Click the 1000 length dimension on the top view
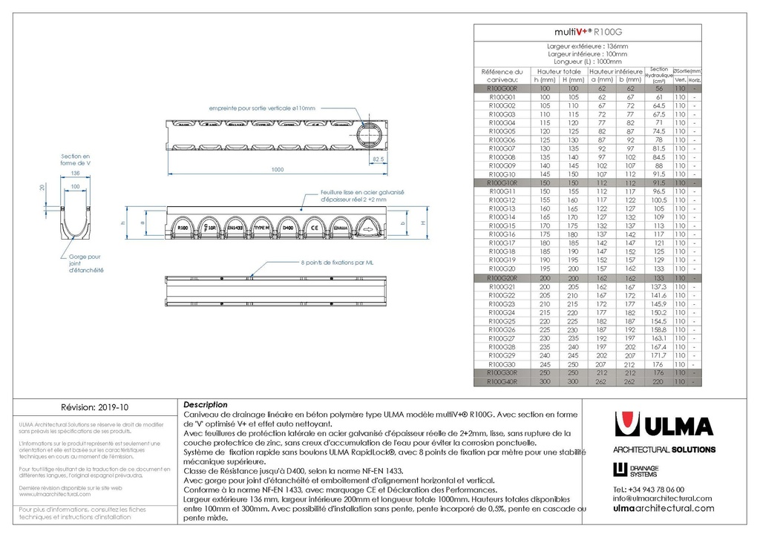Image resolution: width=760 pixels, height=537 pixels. click(x=278, y=170)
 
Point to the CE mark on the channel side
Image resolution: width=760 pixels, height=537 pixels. click(x=315, y=228)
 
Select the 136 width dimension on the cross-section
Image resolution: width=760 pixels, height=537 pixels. click(x=74, y=173)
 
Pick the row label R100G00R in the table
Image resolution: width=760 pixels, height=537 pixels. click(x=502, y=88)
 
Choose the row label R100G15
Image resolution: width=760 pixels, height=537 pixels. click(x=502, y=225)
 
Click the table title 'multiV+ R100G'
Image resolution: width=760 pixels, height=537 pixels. click(x=589, y=33)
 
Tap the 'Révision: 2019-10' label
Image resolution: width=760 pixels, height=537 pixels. click(x=94, y=407)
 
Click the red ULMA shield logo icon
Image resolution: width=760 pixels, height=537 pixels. click(x=629, y=426)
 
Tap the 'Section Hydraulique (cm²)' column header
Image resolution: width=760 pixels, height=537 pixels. click(x=658, y=75)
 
